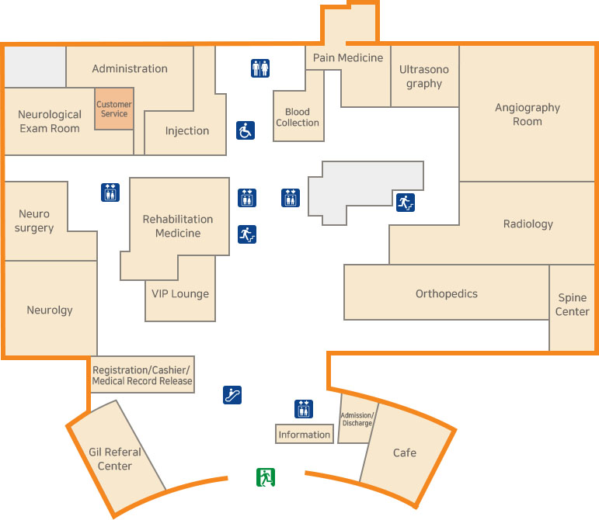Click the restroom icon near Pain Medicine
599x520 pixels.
point(260,68)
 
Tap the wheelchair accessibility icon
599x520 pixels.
point(246,130)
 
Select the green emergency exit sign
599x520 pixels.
point(266,477)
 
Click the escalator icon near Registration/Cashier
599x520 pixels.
point(232,394)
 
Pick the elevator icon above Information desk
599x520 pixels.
point(304,409)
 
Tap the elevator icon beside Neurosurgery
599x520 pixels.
point(110,192)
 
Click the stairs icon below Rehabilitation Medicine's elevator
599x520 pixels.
point(247,234)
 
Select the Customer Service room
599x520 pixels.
point(114,109)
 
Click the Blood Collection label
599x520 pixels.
point(298,117)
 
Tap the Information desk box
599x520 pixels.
point(305,434)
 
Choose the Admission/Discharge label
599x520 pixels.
point(357,419)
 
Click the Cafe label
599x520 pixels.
point(404,452)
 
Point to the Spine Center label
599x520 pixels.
point(573,305)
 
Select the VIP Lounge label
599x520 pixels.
point(180,293)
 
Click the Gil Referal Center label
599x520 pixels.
point(115,459)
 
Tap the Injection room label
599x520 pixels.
point(187,130)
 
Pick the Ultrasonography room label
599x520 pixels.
point(424,76)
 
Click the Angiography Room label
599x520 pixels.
point(528,115)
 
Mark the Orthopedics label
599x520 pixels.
point(447,293)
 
